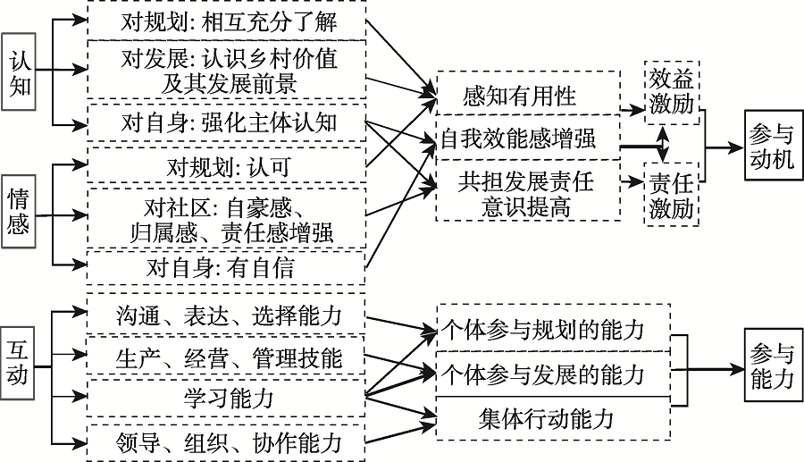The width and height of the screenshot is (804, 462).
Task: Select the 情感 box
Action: click(x=20, y=211)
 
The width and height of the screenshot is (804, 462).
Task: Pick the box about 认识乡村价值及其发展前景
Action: click(x=227, y=71)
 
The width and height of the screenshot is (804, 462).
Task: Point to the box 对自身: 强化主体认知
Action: click(x=227, y=122)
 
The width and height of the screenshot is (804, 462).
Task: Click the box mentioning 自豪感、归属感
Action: click(x=227, y=220)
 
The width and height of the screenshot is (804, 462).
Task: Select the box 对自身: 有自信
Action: click(x=227, y=267)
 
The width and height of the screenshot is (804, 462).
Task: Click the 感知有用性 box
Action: click(x=527, y=95)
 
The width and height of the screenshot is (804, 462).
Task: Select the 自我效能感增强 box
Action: click(x=527, y=139)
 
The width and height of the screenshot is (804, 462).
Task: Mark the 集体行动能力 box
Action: click(x=554, y=417)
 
